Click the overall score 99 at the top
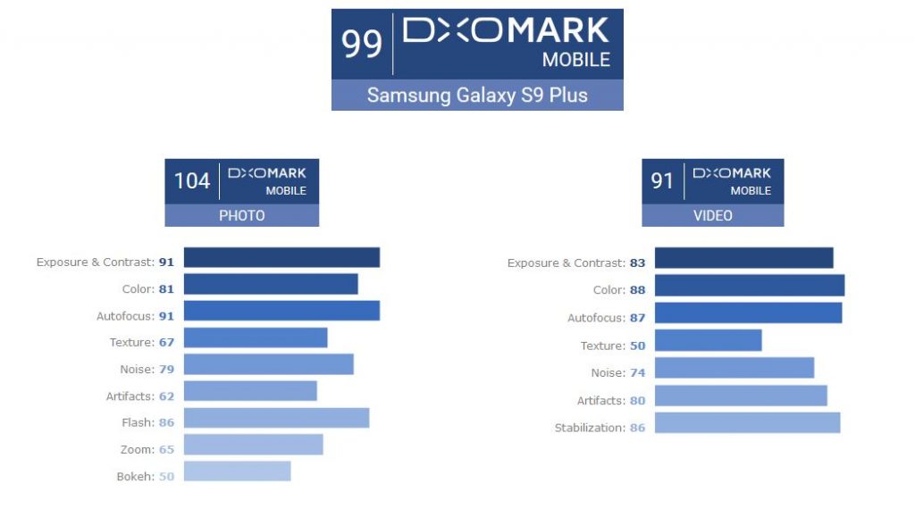[x=362, y=44]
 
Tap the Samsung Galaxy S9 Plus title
[x=477, y=96]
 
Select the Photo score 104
[x=192, y=181]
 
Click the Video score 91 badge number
[x=662, y=181]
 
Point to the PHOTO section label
[x=241, y=216]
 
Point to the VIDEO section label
[x=712, y=216]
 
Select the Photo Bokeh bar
[x=237, y=471]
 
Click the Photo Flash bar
[x=276, y=418]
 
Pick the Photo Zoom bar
[x=253, y=445]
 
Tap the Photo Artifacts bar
[x=250, y=391]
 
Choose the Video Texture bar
[x=708, y=340]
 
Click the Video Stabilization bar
[x=747, y=422]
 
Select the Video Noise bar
[x=734, y=368]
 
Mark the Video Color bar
[x=749, y=286]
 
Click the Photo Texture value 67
[x=167, y=343]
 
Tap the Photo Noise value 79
[x=167, y=370]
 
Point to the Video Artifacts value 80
[x=637, y=401]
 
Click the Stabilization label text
[x=589, y=429]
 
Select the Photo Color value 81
[x=167, y=289]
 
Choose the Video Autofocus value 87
[x=637, y=319]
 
